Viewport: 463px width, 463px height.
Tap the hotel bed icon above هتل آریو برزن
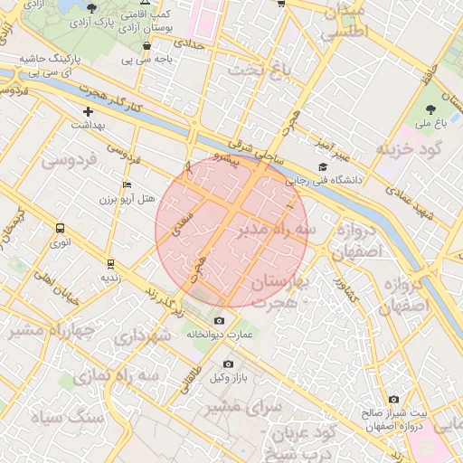[127, 184]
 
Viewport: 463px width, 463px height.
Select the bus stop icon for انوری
[60, 229]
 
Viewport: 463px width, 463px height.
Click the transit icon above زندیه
[109, 264]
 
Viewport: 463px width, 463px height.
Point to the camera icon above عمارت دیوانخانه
[219, 321]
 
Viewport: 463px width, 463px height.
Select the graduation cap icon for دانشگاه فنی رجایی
[323, 166]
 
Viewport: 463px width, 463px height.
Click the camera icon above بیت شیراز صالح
[393, 399]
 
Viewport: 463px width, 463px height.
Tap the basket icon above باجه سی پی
[146, 45]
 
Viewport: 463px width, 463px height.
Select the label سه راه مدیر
[278, 231]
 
